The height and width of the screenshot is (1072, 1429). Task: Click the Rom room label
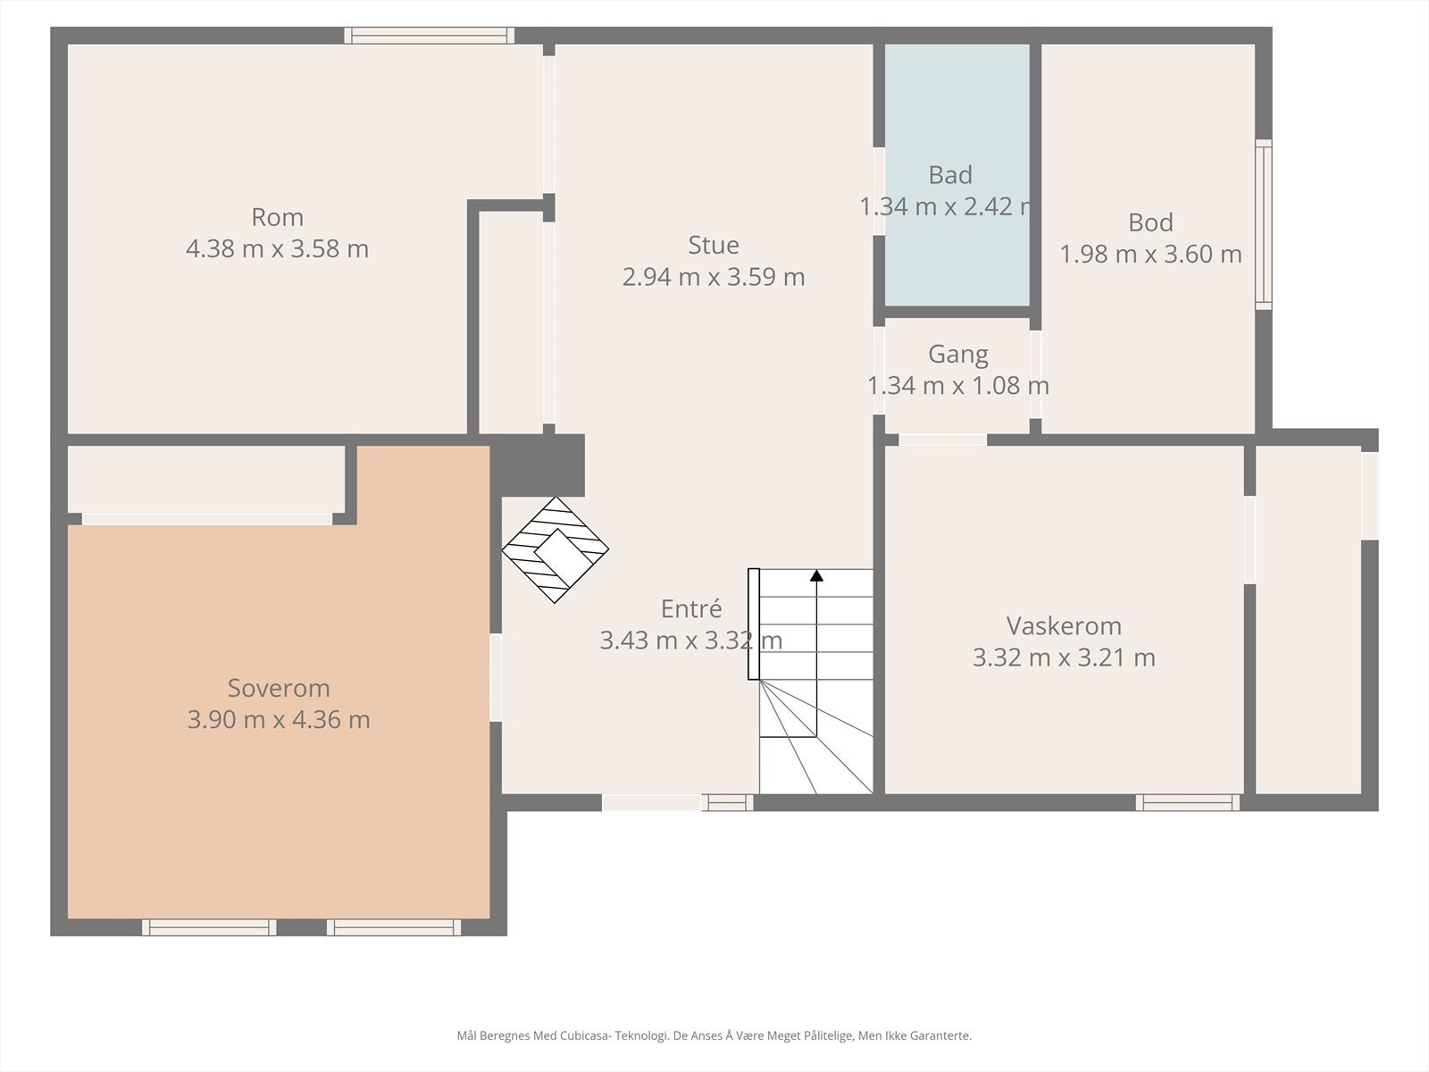point(277,217)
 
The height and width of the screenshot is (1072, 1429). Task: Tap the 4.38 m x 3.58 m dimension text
point(277,248)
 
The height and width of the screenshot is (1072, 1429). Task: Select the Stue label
point(714,245)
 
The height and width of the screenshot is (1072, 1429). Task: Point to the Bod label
point(1150,222)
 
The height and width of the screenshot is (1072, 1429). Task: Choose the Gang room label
point(957,354)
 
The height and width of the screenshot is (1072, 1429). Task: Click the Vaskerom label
point(1064,625)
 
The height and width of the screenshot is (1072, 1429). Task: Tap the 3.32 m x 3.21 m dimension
point(1064,657)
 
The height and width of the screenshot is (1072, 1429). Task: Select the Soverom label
point(279,688)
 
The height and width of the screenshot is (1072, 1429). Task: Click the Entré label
point(691,608)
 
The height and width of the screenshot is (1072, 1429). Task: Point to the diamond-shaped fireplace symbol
point(555,549)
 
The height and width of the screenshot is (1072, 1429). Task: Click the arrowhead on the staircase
point(816,576)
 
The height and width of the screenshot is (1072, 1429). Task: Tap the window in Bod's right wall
point(1263,223)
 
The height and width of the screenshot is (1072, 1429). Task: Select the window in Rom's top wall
point(430,35)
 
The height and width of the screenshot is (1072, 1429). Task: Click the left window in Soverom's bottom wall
point(209,927)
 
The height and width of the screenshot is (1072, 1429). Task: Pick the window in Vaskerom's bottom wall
point(1187,802)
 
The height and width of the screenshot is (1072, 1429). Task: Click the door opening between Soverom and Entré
point(496,677)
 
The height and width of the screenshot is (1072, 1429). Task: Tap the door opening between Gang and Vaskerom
point(942,440)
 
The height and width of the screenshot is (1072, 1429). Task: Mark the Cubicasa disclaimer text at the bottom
point(714,1036)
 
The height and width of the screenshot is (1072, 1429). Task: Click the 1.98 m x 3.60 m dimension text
point(1150,255)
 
